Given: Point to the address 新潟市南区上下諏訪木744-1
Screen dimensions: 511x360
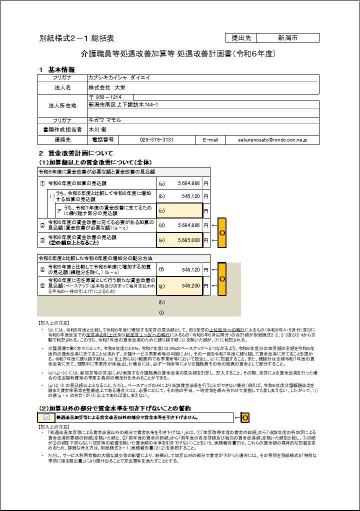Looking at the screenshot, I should click(123, 105).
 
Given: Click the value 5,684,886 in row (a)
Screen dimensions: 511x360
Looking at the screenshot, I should click(185, 183).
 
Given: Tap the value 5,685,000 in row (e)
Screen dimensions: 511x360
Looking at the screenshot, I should click(185, 240).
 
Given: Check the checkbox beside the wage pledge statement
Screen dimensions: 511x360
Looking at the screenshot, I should click(46, 417).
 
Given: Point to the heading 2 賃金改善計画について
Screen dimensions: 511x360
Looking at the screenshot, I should click(76, 153).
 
